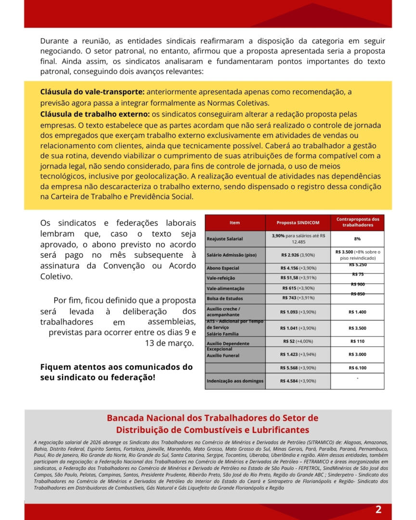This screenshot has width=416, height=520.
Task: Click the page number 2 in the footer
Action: pos(378,510)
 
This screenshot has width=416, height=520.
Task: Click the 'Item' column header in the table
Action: pos(234,222)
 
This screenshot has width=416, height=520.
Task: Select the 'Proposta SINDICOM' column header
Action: pos(298,222)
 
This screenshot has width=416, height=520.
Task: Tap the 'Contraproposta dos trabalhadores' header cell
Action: pos(357,222)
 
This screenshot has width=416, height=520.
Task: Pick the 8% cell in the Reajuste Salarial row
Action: pos(357,238)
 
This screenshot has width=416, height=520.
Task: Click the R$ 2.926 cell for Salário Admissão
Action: pos(298,254)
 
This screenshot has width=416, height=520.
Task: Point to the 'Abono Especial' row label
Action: pos(222,268)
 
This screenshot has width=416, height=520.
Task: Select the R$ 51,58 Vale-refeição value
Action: pos(298,278)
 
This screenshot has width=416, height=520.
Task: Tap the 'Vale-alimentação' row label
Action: pos(225,288)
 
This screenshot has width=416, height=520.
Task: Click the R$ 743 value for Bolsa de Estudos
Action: pos(298,298)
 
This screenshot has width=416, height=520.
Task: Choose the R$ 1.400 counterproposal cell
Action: pos(357,312)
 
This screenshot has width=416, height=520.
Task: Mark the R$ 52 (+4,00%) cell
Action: pos(298,341)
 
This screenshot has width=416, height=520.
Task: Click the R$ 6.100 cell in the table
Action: pos(357,368)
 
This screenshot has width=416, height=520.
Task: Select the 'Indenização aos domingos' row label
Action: pos(235,381)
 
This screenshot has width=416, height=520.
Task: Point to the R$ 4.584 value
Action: pos(298,381)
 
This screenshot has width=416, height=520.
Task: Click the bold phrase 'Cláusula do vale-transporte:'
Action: pos(92,91)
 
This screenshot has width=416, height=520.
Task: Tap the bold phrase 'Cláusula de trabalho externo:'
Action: pos(95,114)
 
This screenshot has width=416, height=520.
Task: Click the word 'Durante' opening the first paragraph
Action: pos(54,41)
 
